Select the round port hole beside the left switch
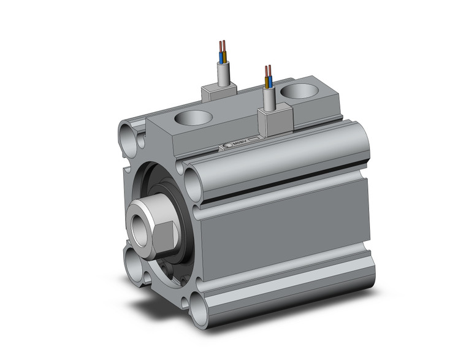[x=193, y=118]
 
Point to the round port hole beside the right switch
[x=298, y=93]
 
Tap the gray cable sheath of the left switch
[x=223, y=73]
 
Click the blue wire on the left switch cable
[x=221, y=58]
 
